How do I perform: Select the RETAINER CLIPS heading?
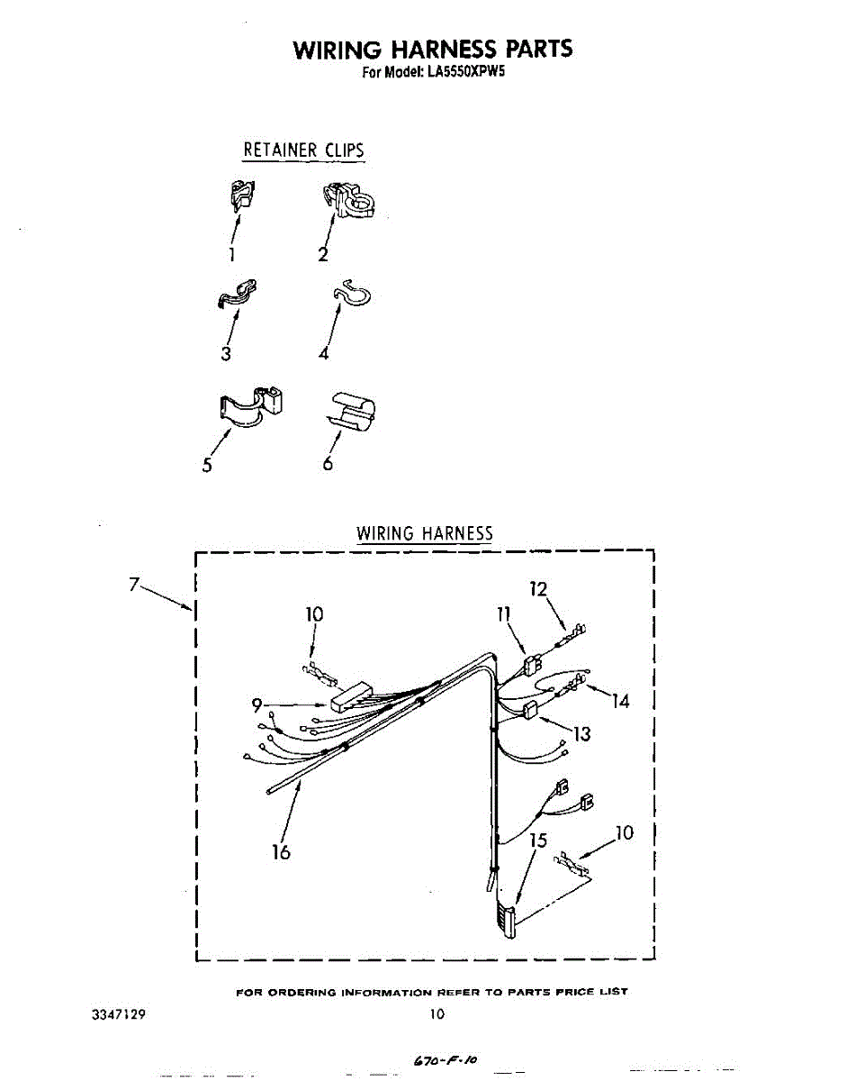pyautogui.click(x=303, y=150)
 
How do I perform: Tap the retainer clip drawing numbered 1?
pyautogui.click(x=239, y=194)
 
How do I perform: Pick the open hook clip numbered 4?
pyautogui.click(x=351, y=294)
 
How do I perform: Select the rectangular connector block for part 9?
pyautogui.click(x=353, y=697)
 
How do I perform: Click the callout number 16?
pyautogui.click(x=282, y=851)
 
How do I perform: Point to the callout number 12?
pyautogui.click(x=539, y=590)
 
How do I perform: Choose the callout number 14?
pyautogui.click(x=620, y=702)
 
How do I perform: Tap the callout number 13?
pyautogui.click(x=582, y=734)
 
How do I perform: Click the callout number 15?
pyautogui.click(x=538, y=841)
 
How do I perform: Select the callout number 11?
pyautogui.click(x=503, y=614)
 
